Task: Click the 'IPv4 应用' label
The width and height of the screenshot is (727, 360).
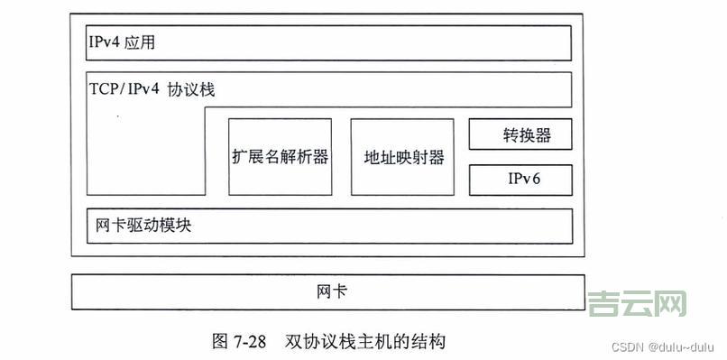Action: (127, 42)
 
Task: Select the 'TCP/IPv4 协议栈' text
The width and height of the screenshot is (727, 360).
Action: (152, 90)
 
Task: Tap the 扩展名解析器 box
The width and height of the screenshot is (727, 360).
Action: (279, 157)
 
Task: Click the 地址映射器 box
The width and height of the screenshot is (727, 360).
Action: (403, 157)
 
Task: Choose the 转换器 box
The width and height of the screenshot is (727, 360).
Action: (520, 136)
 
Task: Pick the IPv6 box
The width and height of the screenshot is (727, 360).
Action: (520, 180)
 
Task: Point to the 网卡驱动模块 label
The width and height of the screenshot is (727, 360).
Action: (143, 226)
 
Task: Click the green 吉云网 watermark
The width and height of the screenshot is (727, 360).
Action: (637, 304)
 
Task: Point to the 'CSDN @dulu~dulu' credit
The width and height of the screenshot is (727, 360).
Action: (661, 347)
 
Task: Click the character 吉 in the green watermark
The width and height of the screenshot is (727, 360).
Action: (603, 304)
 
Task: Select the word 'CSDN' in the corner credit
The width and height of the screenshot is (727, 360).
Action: (626, 347)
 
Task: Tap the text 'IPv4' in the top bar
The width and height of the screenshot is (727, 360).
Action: (108, 42)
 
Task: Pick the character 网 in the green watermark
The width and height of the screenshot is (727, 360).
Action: (670, 304)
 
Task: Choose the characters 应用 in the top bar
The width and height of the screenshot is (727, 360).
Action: (147, 42)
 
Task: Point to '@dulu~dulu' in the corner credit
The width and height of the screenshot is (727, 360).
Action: (678, 347)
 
